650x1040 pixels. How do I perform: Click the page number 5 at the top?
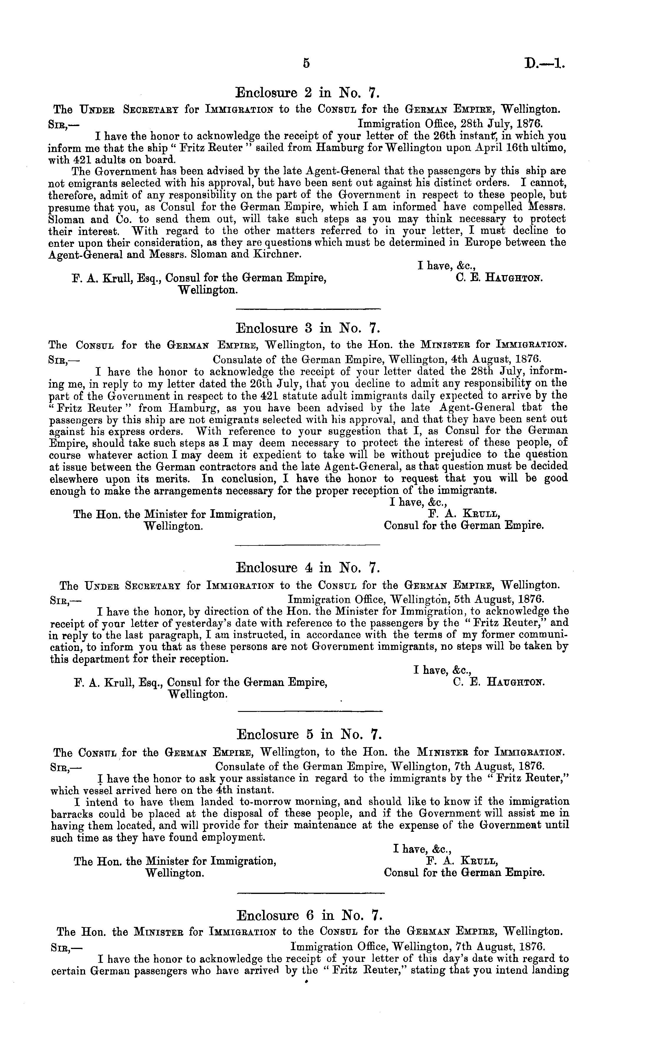(306, 63)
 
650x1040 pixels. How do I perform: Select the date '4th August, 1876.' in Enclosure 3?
(494, 359)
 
